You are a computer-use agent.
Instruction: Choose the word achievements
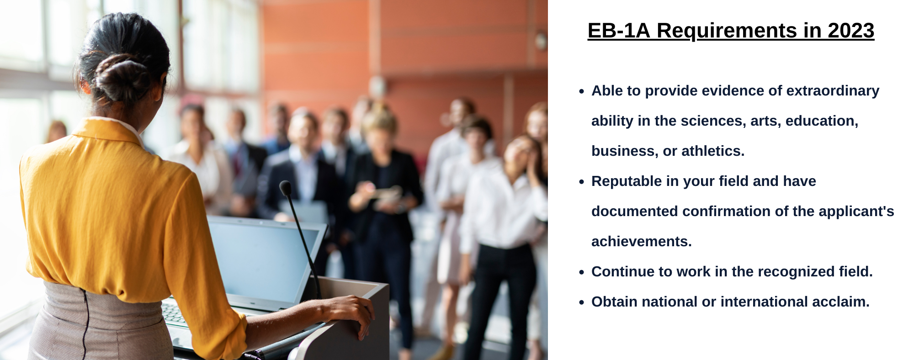[x=641, y=241]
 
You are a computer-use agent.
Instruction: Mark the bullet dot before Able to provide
[x=581, y=91]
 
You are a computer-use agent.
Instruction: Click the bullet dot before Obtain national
[x=581, y=302]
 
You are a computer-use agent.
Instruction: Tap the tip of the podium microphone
[x=285, y=187]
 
